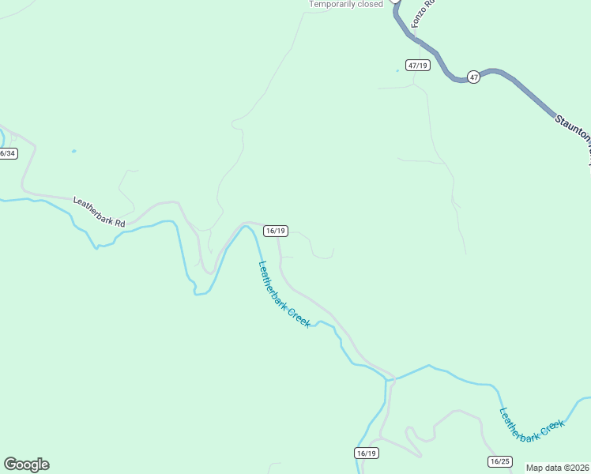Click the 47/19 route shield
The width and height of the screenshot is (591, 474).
tap(418, 66)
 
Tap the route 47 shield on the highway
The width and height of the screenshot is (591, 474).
tap(473, 77)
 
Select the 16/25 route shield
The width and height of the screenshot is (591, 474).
tap(500, 461)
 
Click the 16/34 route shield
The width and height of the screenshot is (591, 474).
tap(7, 153)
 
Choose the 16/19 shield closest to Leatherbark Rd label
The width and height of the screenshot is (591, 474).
tap(276, 231)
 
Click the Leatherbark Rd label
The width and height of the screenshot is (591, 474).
tap(100, 212)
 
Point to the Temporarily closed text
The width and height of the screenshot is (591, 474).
tap(346, 4)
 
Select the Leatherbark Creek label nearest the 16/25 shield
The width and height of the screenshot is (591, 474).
tap(533, 423)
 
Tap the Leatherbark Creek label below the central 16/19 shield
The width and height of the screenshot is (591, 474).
tap(284, 295)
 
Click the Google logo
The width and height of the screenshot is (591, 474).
tap(26, 464)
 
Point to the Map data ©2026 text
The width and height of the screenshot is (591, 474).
tap(557, 468)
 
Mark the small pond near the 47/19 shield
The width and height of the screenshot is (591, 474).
tap(397, 71)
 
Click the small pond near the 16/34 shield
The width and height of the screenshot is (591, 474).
tap(73, 151)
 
